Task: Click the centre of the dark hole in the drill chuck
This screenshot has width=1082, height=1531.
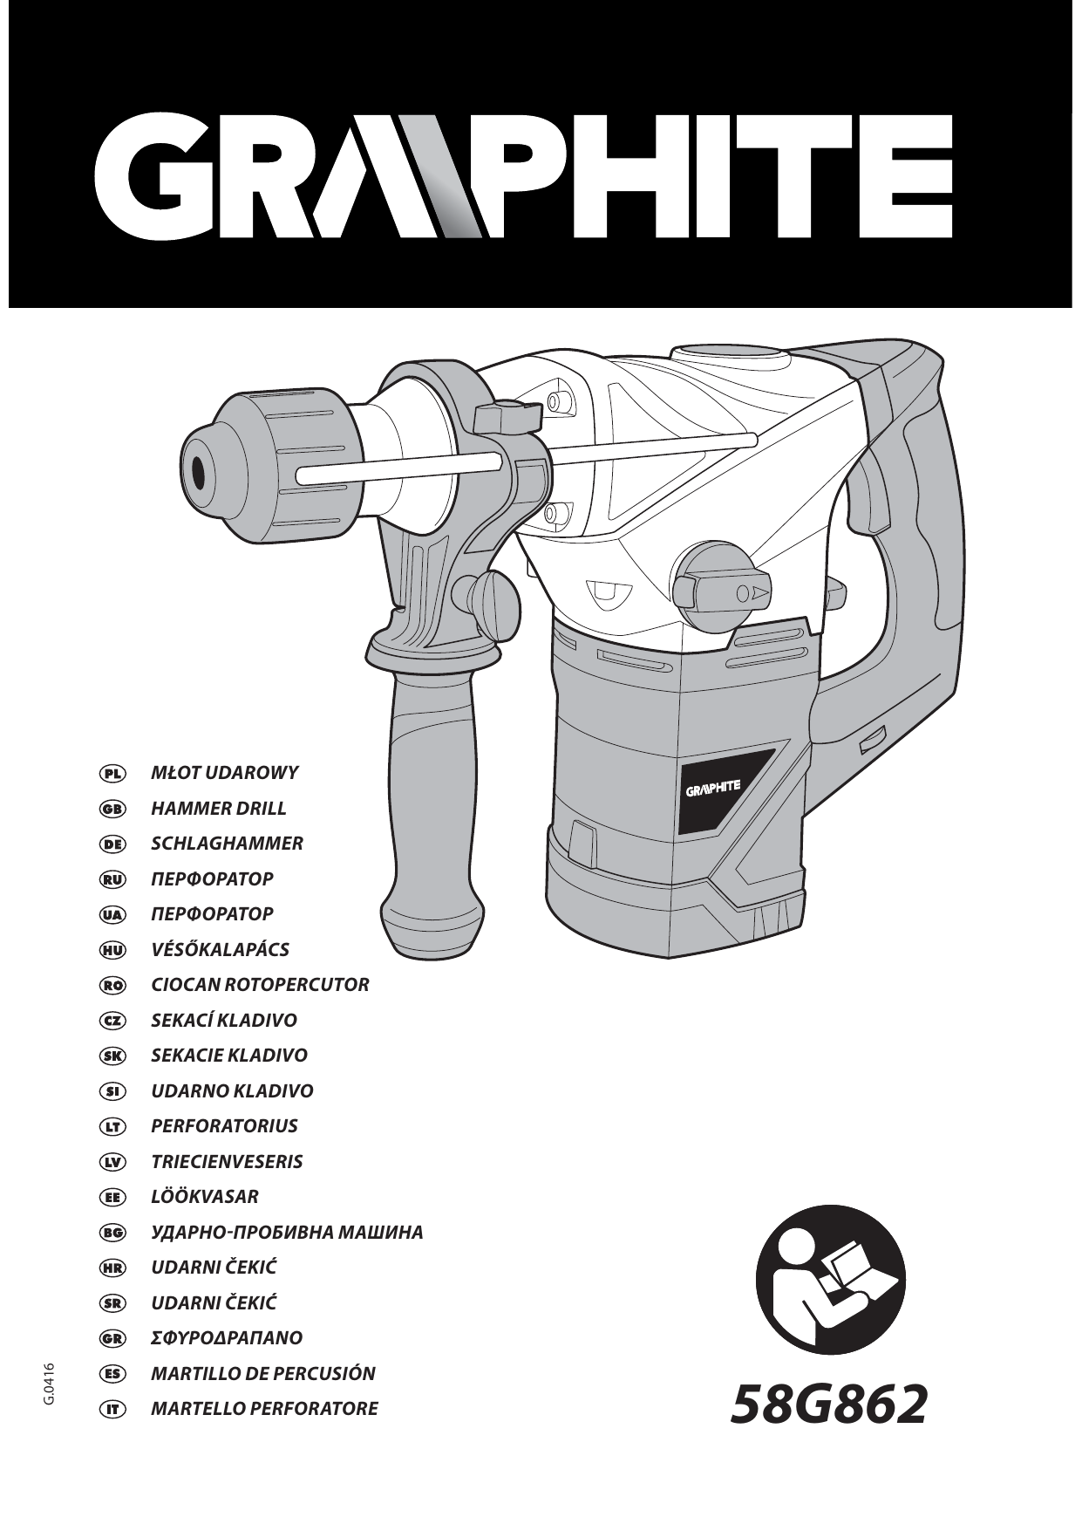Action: (x=200, y=474)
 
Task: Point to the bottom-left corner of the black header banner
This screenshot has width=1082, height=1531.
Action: (x=9, y=307)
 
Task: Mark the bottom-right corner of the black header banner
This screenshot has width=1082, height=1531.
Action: (x=1072, y=307)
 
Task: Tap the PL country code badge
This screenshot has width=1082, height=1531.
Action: (x=112, y=773)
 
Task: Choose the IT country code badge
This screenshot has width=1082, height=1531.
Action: (x=112, y=1409)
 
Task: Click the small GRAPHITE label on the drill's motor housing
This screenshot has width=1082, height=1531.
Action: (x=714, y=787)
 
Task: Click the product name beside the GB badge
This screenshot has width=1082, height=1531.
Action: (x=219, y=809)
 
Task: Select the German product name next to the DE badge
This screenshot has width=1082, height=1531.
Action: (x=228, y=844)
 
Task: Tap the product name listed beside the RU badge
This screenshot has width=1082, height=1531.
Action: (x=212, y=878)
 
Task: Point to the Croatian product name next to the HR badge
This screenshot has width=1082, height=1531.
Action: (x=214, y=1267)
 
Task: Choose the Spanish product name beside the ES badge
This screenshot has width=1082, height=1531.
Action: (x=263, y=1373)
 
